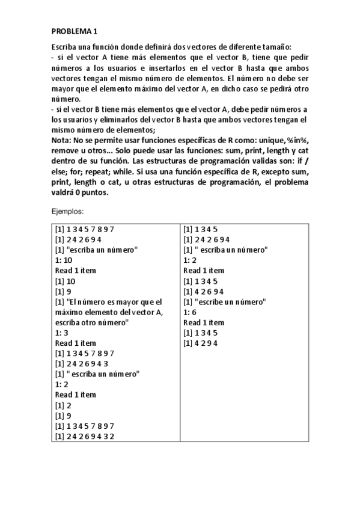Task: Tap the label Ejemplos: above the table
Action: (x=67, y=212)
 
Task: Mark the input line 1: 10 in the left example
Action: (x=64, y=260)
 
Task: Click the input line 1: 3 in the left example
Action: (x=61, y=333)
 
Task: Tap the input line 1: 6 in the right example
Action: (x=190, y=312)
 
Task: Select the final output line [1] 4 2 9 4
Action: (x=201, y=343)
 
